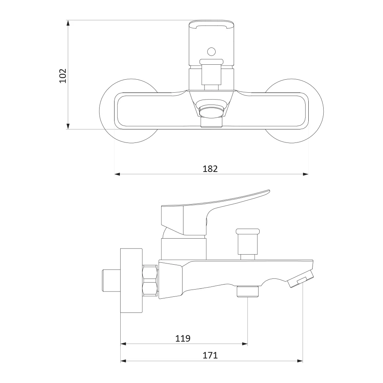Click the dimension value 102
coord(63,76)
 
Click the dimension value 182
coord(210,169)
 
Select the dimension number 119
coord(183,338)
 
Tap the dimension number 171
coord(210,355)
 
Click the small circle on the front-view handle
coord(211,52)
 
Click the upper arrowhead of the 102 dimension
coord(68,23)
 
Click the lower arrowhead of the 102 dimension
coord(68,126)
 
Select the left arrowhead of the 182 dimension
coord(117,174)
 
